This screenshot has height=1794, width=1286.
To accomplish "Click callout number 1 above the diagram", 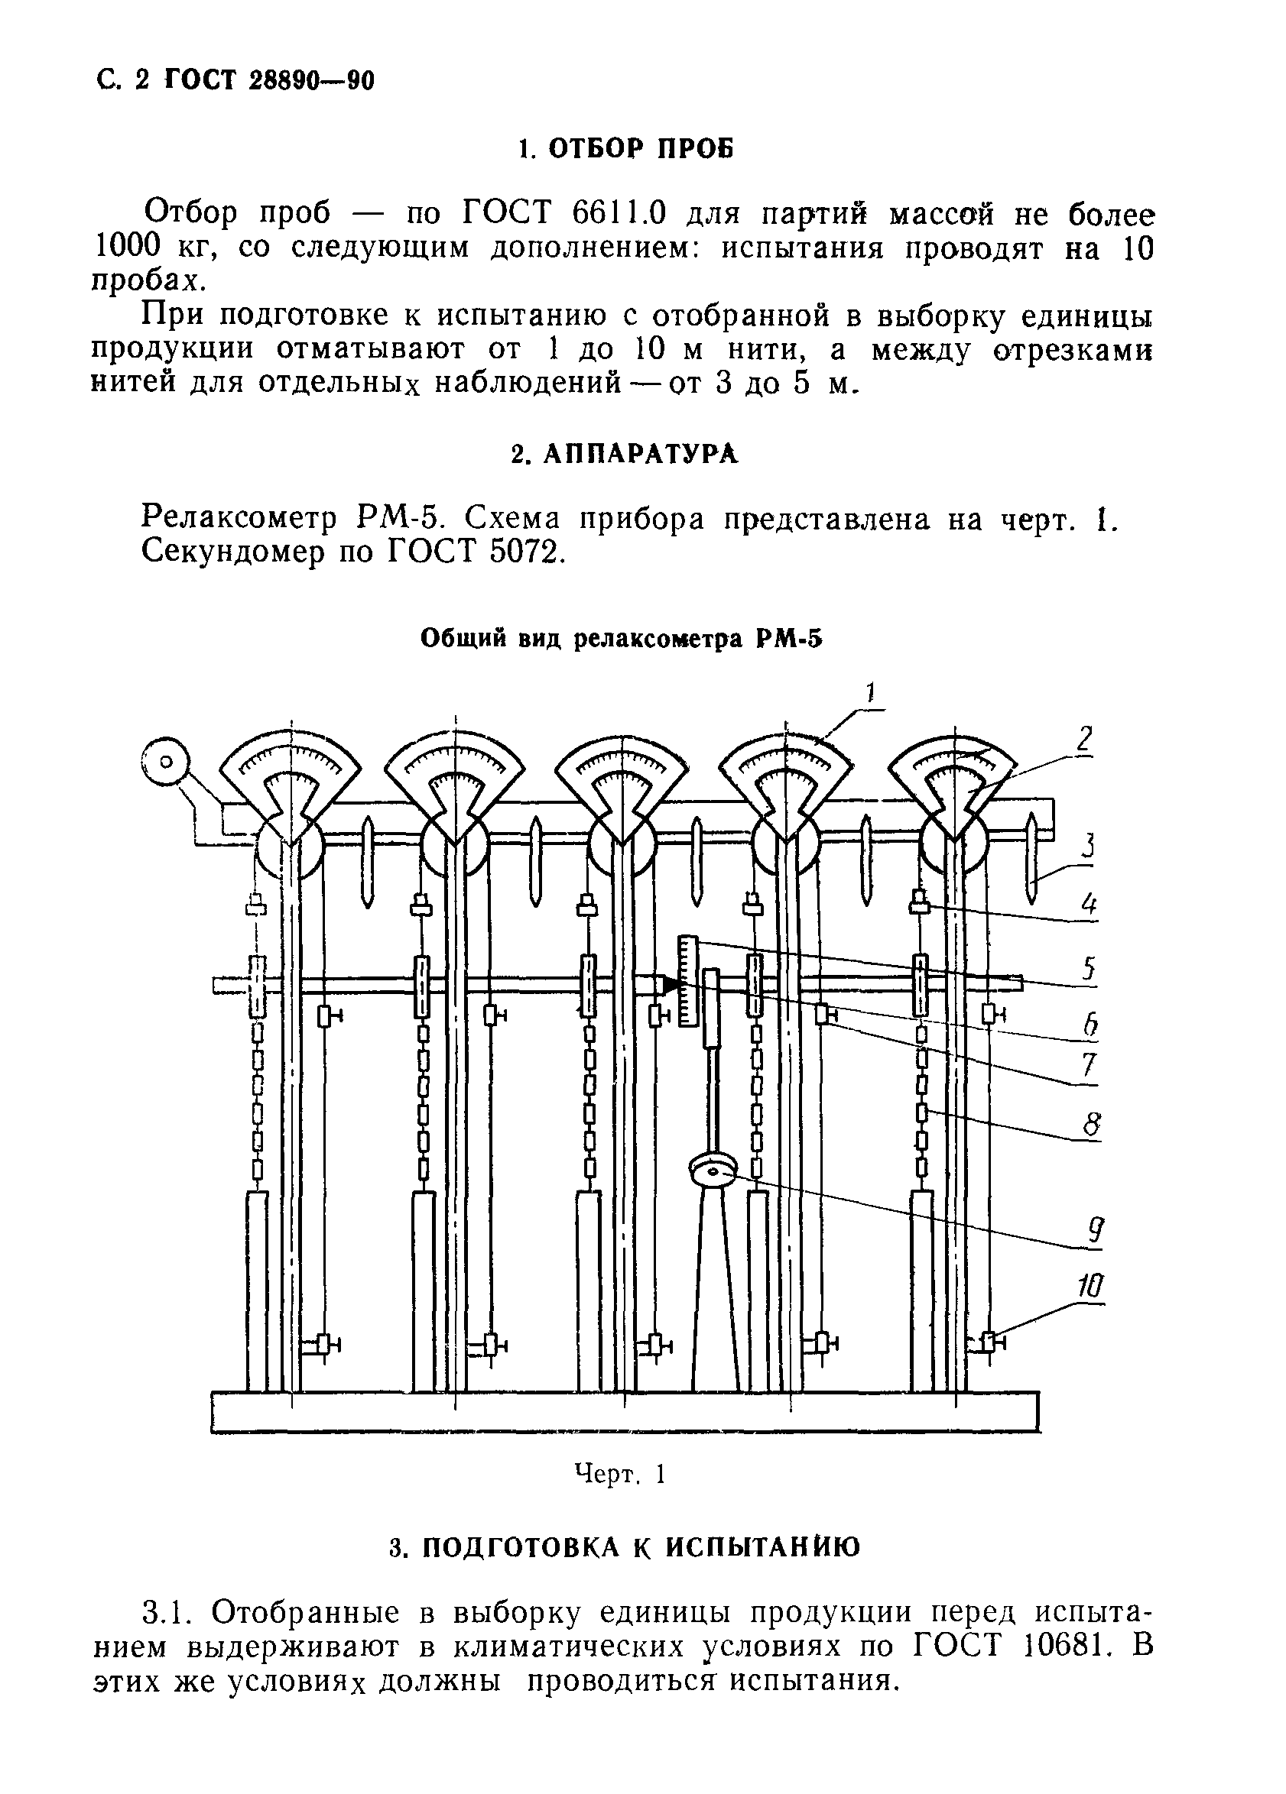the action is [x=871, y=694].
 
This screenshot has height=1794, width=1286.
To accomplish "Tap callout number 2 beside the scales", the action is [x=1085, y=740].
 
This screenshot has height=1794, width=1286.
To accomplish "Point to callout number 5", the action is [x=1089, y=967].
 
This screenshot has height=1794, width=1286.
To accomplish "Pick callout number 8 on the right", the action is [x=1090, y=1123].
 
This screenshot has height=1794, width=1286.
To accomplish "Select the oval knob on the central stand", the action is [x=713, y=1171].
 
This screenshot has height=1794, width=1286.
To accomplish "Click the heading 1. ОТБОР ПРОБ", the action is [x=625, y=148].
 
